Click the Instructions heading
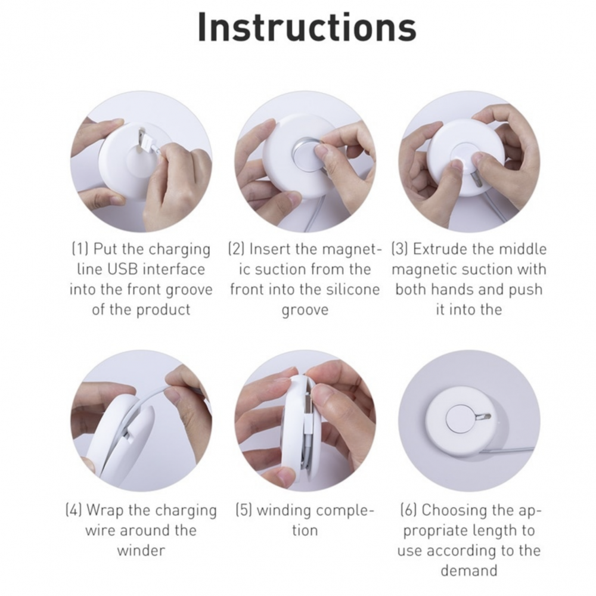click(x=307, y=27)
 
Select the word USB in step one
click(x=123, y=269)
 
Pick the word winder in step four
click(x=141, y=550)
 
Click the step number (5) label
click(x=244, y=510)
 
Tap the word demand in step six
click(x=468, y=570)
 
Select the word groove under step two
click(x=305, y=311)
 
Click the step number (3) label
click(x=400, y=249)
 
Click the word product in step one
click(x=163, y=311)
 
